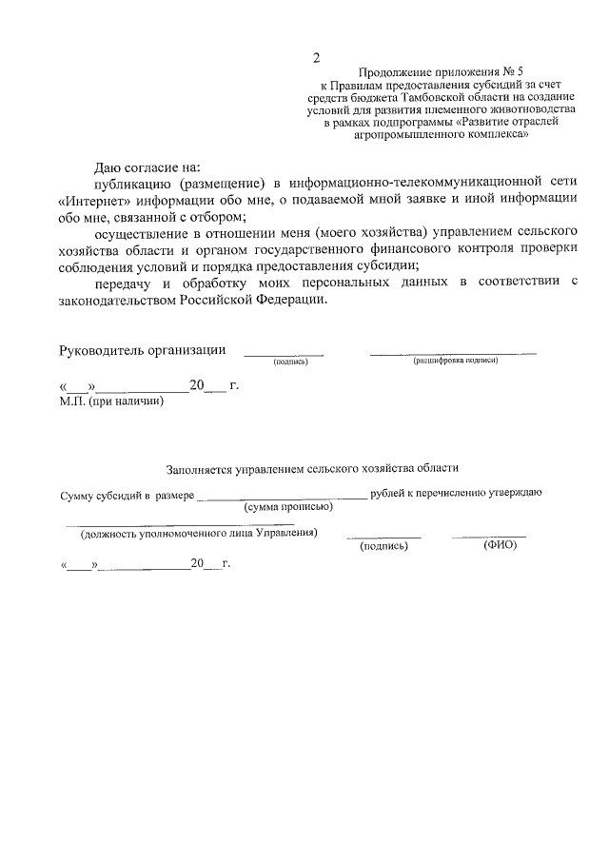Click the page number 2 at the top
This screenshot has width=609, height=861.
pos(317,59)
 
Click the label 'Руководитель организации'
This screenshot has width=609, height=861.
pos(143,349)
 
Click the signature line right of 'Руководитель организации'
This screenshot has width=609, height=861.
pos(284,354)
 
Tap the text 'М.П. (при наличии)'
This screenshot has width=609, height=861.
pos(111,402)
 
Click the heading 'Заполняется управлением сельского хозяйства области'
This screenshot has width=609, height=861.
pos(312,468)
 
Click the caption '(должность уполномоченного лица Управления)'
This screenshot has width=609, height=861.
pos(199,533)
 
